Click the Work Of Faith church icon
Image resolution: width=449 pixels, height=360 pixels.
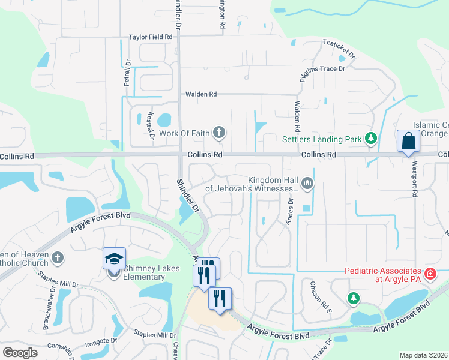point(219,133)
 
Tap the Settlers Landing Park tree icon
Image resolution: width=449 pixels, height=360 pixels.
point(372,139)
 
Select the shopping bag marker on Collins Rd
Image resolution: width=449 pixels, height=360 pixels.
point(408,142)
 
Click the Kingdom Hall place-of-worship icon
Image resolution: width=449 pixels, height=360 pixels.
point(307,182)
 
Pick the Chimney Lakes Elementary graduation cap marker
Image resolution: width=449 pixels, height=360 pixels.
point(114,259)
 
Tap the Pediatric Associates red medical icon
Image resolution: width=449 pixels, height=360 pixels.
point(430,275)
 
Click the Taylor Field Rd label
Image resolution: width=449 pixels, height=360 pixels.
point(151,37)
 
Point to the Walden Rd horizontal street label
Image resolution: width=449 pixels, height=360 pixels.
point(200,94)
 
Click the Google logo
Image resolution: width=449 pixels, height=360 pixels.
point(20,353)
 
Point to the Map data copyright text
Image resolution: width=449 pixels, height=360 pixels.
point(423,355)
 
